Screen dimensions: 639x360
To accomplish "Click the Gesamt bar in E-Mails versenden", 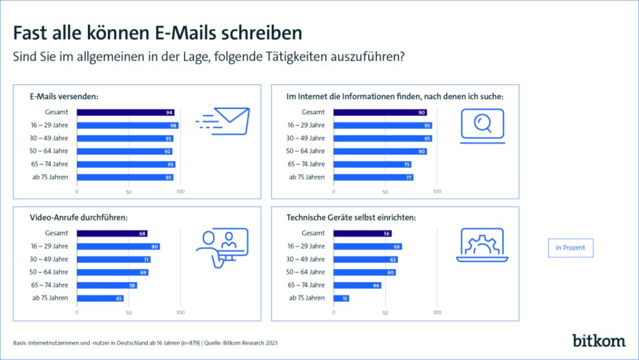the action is (x=125, y=112).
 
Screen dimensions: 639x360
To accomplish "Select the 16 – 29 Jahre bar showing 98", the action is (x=127, y=125).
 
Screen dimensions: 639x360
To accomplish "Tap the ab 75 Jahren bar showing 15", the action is (x=341, y=298).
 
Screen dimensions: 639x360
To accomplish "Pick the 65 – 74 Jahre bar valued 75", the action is (x=372, y=164).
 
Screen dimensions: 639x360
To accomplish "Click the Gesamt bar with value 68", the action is (x=112, y=233).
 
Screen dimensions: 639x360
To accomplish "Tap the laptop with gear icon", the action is (x=482, y=245).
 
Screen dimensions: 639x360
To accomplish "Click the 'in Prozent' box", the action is (x=570, y=248).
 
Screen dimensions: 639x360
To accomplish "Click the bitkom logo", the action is (x=598, y=340).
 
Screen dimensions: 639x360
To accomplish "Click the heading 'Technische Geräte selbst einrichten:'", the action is (x=351, y=218).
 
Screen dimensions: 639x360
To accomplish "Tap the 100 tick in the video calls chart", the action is (x=180, y=312).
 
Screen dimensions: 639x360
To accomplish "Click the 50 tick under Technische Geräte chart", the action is (x=386, y=312).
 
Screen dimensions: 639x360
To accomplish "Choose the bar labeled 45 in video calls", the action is (x=100, y=298).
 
